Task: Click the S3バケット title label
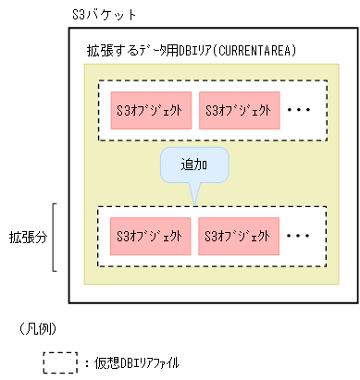coord(103,16)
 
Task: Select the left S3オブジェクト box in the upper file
coord(150,110)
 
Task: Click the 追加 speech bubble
coord(193,165)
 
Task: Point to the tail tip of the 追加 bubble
coord(194,202)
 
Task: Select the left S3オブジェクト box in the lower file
coord(150,236)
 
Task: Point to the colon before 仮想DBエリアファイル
coord(85,362)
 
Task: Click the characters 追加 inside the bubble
coord(193,165)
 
